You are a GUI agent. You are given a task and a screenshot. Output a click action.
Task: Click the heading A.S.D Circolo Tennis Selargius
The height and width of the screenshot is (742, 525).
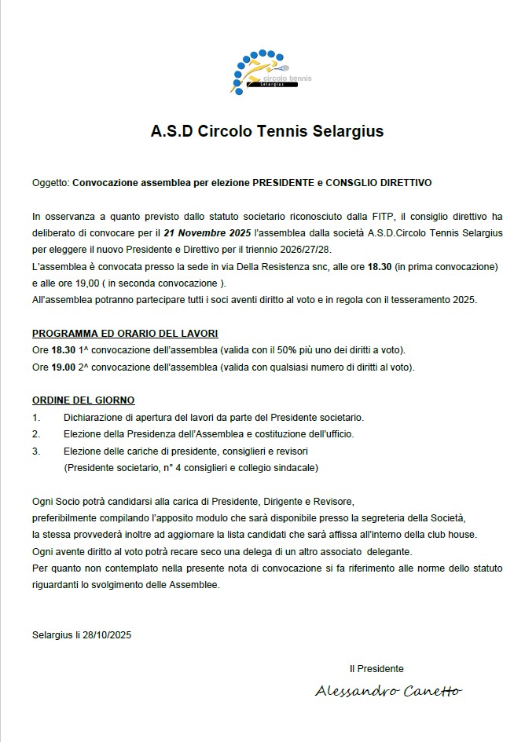coord(267,131)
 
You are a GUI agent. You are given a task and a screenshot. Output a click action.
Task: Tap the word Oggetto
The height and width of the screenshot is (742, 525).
coord(50,182)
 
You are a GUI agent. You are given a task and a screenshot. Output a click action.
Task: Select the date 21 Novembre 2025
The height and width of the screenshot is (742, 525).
coord(207,233)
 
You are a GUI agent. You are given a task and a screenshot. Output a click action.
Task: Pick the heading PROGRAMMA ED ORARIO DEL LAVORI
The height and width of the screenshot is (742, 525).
coord(125,334)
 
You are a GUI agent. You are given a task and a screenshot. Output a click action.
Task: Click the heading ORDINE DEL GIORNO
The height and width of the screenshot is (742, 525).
coord(83,400)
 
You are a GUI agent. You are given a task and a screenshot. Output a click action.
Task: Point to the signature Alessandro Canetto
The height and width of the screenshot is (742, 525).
coord(388,691)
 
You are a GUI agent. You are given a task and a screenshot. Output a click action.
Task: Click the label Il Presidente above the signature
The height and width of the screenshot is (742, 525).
coord(376,668)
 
